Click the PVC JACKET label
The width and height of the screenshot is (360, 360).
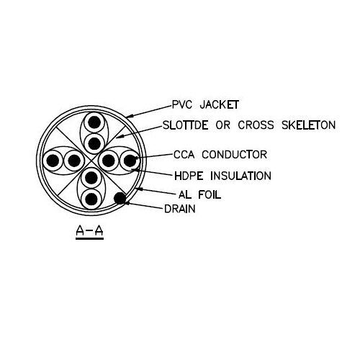click(205, 105)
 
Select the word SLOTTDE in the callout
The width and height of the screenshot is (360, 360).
click(186, 125)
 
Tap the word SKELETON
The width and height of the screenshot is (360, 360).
click(308, 125)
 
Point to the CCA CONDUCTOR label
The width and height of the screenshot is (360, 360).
click(220, 155)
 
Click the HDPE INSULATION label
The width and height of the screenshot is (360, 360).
click(222, 176)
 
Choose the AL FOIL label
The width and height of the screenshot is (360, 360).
click(199, 194)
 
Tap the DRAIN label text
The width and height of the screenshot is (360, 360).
click(180, 209)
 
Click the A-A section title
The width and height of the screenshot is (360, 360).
click(89, 231)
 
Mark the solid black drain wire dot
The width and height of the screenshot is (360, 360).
click(120, 198)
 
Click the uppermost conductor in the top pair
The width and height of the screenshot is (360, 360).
click(94, 122)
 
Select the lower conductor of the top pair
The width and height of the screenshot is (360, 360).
click(94, 143)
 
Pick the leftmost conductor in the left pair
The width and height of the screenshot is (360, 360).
click(53, 161)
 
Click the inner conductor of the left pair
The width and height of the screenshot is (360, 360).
click(74, 161)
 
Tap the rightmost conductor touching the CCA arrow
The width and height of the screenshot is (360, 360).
click(130, 161)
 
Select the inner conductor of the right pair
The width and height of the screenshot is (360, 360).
click(109, 161)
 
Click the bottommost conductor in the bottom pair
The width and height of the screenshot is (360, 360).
click(91, 199)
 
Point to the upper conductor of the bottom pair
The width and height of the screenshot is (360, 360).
click(91, 178)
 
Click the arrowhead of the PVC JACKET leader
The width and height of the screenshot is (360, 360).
click(130, 116)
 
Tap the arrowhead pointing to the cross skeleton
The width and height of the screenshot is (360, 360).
click(120, 137)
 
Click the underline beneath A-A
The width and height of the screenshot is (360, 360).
click(89, 238)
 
